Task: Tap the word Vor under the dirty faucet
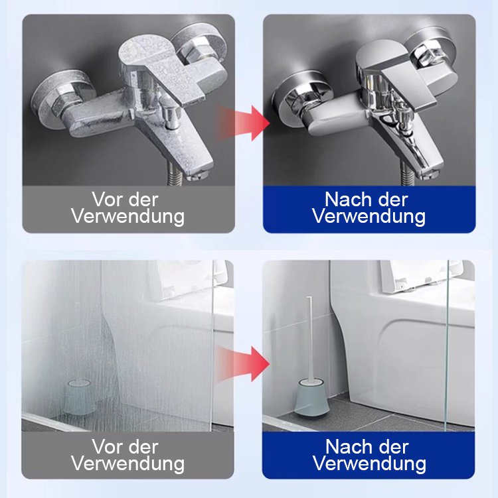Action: [103, 200]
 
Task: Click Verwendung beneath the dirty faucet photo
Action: [128, 217]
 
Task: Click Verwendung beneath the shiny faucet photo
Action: [369, 217]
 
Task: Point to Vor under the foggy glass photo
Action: [103, 447]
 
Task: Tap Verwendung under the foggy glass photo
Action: [128, 464]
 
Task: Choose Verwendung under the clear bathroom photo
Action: [370, 464]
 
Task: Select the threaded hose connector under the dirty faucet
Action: [174, 173]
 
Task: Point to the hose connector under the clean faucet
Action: [406, 173]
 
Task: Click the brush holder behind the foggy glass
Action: [78, 397]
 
